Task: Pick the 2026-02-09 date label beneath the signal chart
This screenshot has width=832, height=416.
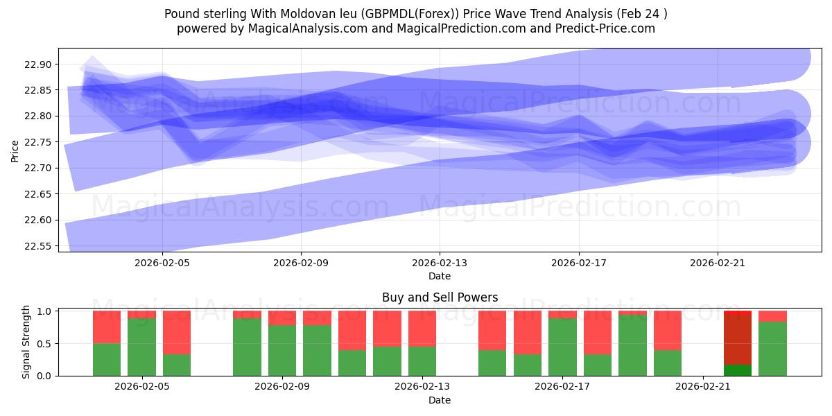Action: (283, 387)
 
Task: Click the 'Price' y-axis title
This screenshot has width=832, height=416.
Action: (15, 150)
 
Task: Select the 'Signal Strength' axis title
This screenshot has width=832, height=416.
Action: (26, 342)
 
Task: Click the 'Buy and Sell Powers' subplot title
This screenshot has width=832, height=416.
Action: (440, 297)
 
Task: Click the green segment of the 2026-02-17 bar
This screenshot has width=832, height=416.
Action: (562, 347)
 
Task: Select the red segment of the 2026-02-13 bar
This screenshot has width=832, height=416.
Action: (422, 329)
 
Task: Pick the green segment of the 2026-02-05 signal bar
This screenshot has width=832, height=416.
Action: (141, 347)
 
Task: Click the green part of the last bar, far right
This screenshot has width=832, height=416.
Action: (772, 349)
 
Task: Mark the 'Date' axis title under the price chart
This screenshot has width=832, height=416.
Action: (440, 276)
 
